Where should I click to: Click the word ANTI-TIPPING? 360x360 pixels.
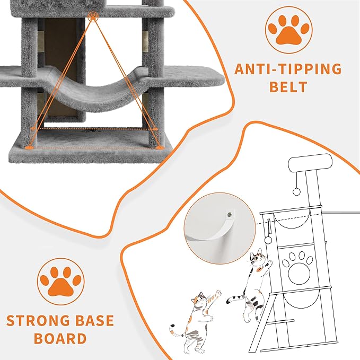[288, 69]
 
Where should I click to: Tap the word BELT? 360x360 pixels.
[288, 86]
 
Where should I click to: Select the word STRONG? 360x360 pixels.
[38, 321]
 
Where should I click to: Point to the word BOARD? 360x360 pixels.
[60, 338]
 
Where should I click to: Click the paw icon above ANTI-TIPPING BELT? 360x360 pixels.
[288, 30]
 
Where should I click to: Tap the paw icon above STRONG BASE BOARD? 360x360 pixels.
[60, 282]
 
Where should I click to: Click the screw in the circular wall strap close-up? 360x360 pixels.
[229, 215]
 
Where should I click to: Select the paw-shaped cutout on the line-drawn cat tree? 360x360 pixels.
[297, 268]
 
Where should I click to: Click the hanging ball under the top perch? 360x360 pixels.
[296, 191]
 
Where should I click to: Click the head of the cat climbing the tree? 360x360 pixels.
[258, 258]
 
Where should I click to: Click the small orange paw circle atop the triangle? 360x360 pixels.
[93, 16]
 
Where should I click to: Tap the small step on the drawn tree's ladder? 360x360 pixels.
[280, 321]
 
